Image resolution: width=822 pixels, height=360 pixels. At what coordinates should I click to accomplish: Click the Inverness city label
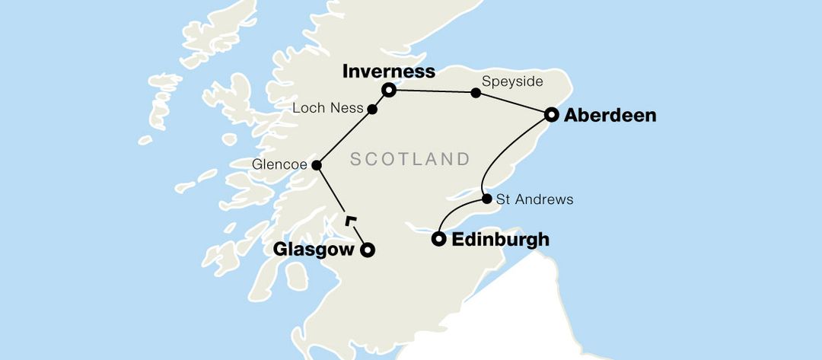click(x=389, y=72)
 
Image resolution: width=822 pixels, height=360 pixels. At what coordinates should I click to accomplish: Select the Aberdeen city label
click(x=610, y=116)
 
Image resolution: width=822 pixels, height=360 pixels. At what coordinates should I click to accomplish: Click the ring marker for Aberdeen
click(x=552, y=115)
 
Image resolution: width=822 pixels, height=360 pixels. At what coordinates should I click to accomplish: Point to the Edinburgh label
click(x=500, y=240)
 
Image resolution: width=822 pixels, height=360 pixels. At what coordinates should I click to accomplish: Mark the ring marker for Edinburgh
click(x=438, y=239)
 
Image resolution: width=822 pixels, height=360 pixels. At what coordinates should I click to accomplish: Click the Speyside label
click(x=506, y=78)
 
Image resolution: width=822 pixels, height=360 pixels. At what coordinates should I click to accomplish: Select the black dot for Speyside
click(x=476, y=93)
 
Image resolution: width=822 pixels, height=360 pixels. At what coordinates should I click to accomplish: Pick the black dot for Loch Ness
click(x=373, y=110)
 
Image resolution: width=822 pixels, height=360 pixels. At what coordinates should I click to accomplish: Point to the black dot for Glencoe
click(x=317, y=164)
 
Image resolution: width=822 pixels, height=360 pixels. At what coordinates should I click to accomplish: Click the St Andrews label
click(x=534, y=200)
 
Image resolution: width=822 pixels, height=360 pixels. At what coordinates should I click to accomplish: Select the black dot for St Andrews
click(x=486, y=199)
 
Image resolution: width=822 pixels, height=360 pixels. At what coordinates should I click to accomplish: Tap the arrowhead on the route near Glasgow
click(x=349, y=221)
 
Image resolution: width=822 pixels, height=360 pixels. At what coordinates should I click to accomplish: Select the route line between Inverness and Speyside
click(x=432, y=91)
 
